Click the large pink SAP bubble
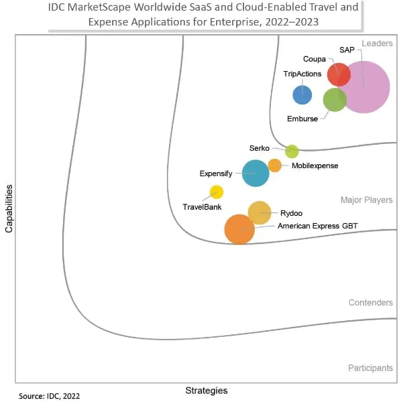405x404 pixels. point(364,86)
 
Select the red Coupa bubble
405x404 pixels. point(339,74)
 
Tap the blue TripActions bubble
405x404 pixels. point(302,94)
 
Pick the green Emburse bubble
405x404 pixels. point(335,100)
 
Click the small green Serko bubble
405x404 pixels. point(292,151)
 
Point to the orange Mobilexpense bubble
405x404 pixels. point(275,165)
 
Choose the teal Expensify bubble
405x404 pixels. point(255,173)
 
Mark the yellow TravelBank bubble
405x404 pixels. point(217,192)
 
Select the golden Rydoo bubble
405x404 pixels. point(259,212)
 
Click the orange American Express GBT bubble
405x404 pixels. point(239,229)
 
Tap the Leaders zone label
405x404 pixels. point(377,44)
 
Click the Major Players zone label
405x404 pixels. point(366,200)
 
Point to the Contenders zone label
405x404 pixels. point(370,303)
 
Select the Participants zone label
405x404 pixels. point(370,368)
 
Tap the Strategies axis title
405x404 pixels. point(206,390)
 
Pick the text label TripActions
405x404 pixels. point(302,74)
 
